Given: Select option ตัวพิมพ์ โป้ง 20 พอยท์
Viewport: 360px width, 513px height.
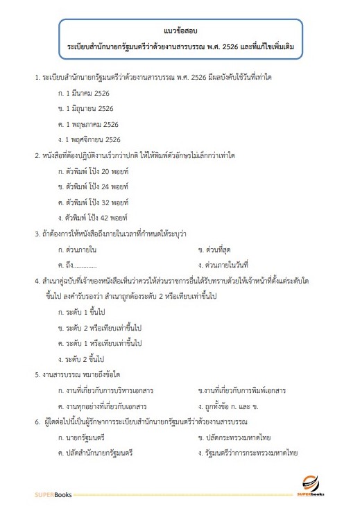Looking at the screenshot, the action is click(95, 171).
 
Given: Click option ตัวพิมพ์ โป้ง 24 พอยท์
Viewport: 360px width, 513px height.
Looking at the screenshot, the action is click(95, 186).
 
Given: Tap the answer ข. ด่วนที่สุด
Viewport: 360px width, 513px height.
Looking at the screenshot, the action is click(218, 248).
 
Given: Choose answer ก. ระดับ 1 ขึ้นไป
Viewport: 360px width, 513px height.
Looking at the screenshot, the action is click(86, 312).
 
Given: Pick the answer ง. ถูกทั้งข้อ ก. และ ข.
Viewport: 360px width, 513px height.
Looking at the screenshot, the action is click(232, 405).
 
